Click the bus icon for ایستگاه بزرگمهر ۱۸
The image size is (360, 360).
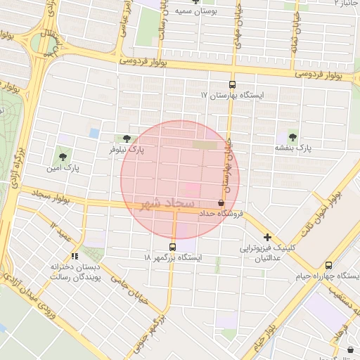173,247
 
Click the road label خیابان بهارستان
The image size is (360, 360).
228,165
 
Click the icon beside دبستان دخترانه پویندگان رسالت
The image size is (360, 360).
75,255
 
